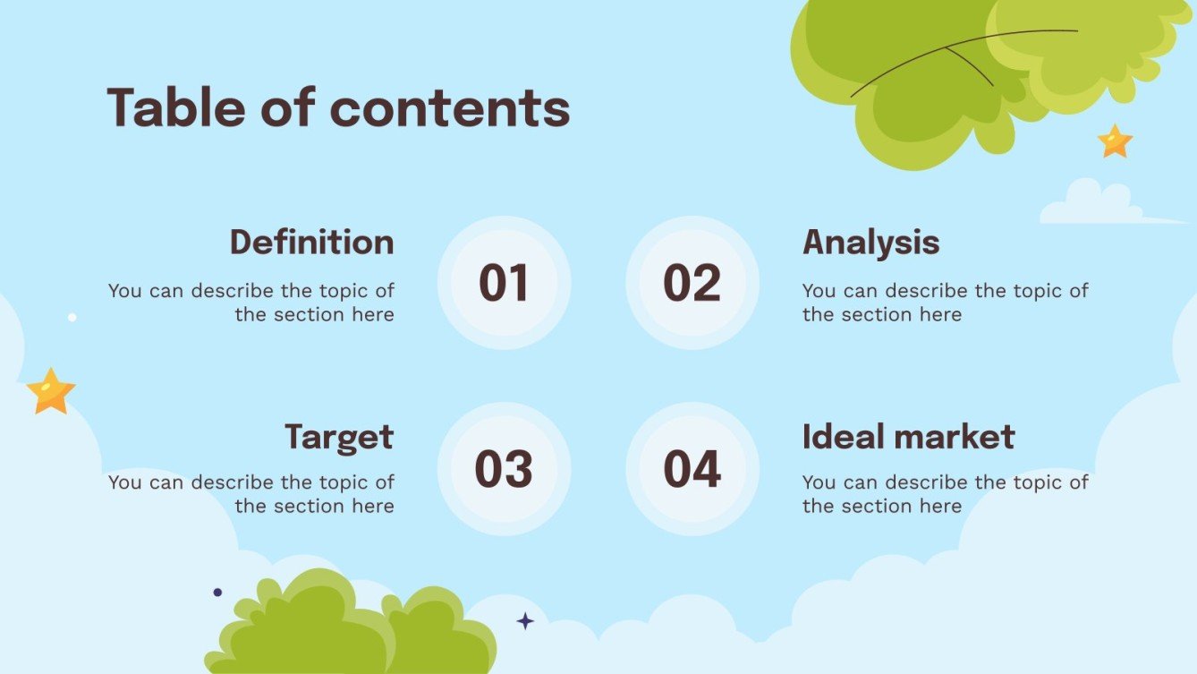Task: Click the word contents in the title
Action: [x=450, y=108]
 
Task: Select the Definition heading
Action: [x=311, y=243]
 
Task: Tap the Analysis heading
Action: [x=870, y=243]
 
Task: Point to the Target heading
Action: [x=339, y=437]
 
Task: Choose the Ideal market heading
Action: [x=908, y=437]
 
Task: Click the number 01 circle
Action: [x=504, y=283]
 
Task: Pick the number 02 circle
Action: [x=692, y=283]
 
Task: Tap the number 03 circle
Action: [x=504, y=469]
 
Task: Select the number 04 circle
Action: [x=692, y=469]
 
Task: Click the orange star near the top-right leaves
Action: [x=1115, y=141]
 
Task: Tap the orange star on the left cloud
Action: [x=51, y=392]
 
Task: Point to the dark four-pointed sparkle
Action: [x=525, y=620]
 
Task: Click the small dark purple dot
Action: [x=217, y=592]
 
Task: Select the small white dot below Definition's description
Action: [x=72, y=317]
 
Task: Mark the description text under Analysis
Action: [x=944, y=303]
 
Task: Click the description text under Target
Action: [x=251, y=494]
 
